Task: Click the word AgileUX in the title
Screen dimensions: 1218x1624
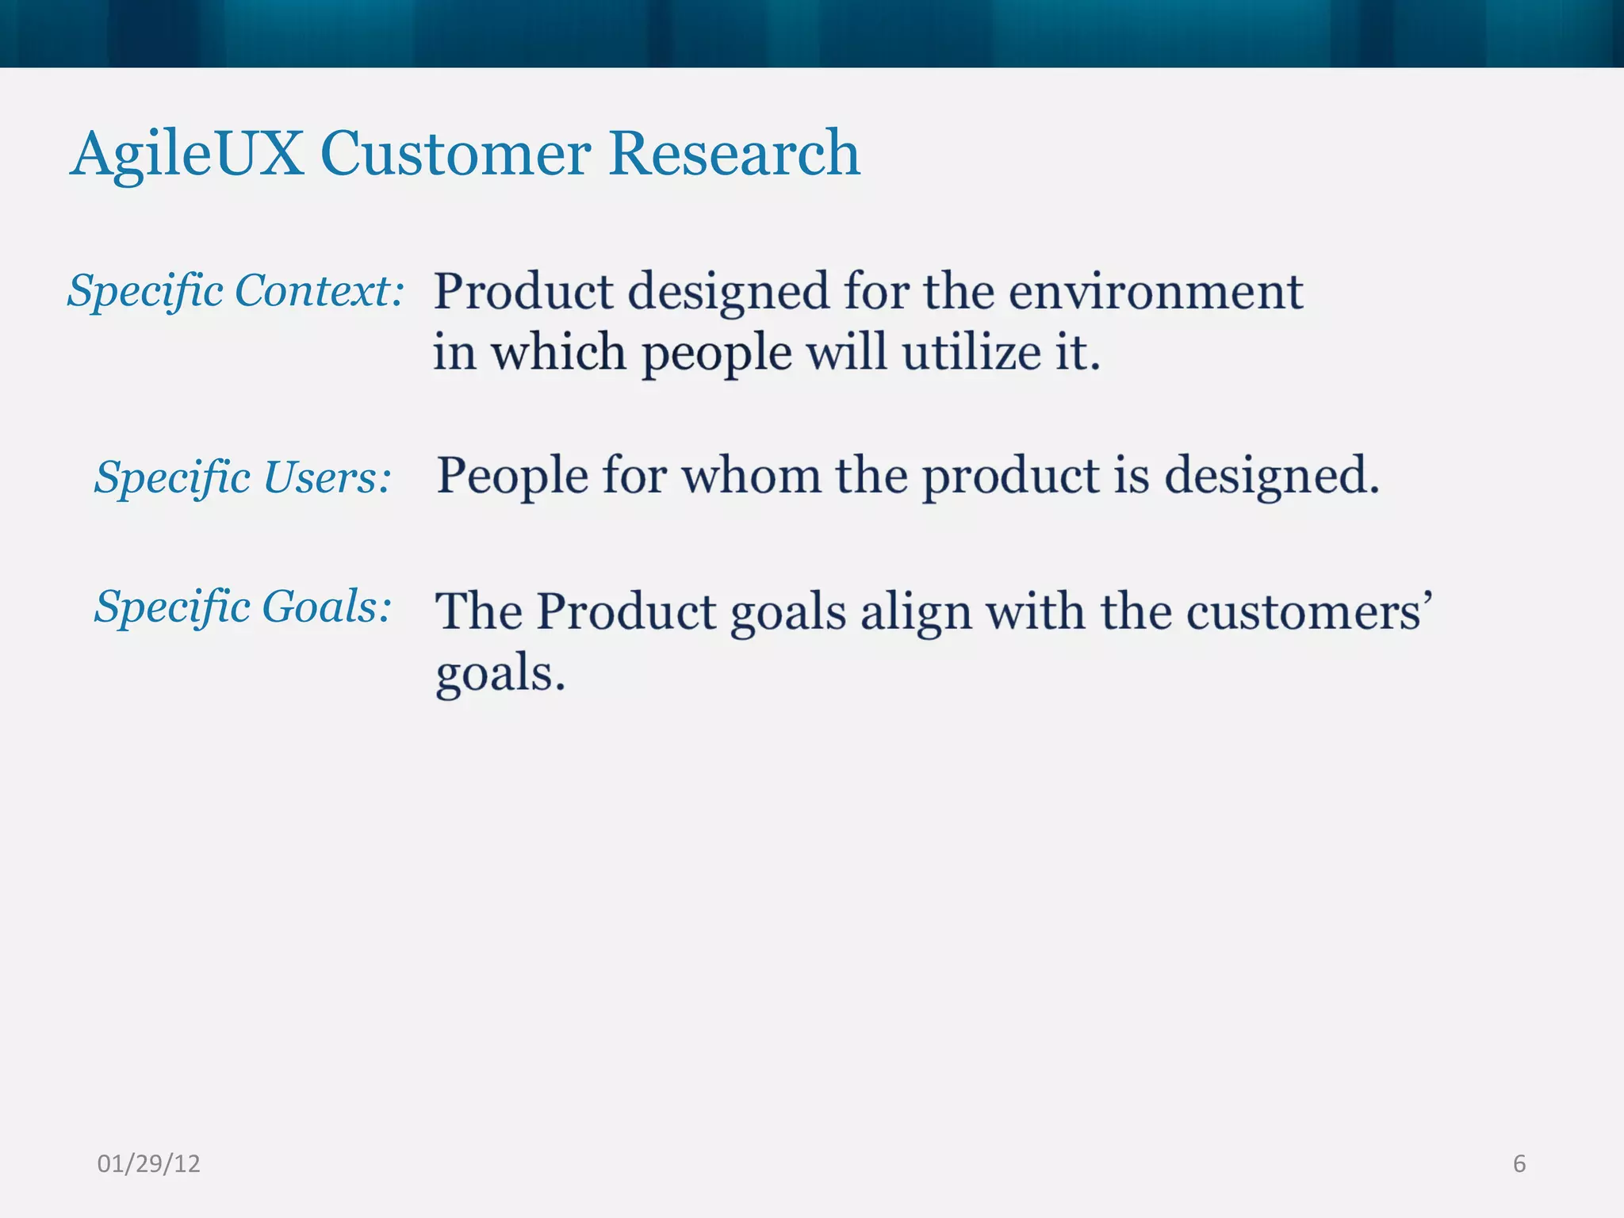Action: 187,154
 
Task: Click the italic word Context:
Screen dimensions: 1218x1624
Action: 320,290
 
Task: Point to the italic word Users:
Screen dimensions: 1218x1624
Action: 327,477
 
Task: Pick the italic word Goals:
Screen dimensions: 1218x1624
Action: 327,607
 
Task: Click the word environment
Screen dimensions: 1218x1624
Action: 1155,292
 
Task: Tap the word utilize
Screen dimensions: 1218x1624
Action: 970,353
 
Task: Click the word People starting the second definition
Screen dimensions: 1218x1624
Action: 512,477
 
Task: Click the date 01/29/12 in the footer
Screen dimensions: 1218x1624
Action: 148,1163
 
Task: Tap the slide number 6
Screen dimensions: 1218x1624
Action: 1519,1163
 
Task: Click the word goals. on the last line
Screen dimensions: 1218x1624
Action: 500,675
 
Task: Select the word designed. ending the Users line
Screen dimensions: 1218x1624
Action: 1271,477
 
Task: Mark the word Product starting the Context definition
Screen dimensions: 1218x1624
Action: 523,292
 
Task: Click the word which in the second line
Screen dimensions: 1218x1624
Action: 558,353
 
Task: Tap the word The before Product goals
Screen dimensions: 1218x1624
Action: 478,612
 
